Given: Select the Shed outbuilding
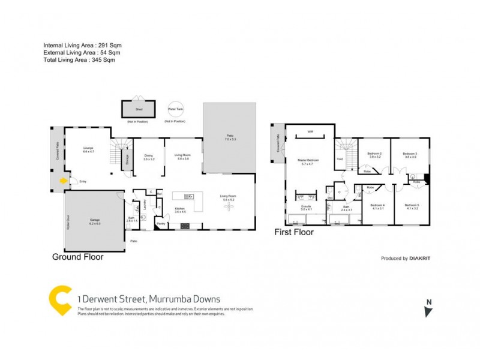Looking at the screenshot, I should (x=139, y=110).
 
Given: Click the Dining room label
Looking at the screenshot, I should (x=149, y=158).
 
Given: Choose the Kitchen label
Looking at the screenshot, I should (x=180, y=210).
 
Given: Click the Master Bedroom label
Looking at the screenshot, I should (x=308, y=161).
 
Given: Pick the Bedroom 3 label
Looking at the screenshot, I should (x=410, y=155).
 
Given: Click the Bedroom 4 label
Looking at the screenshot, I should (x=378, y=207).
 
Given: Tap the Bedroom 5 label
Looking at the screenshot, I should (x=413, y=207).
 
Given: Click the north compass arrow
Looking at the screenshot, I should (x=428, y=311).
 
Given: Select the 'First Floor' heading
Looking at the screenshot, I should (x=294, y=232).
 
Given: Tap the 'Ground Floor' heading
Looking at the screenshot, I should (x=78, y=257).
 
